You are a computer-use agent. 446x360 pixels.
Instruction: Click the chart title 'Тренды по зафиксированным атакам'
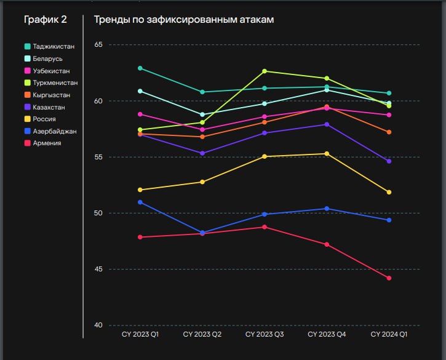pos(183,20)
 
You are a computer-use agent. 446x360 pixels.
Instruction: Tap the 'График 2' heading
pos(46,20)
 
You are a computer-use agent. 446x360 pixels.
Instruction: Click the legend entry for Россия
pos(44,119)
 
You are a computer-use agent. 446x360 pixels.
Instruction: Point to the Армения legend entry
pos(47,143)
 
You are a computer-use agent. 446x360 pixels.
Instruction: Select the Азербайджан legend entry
pos(54,131)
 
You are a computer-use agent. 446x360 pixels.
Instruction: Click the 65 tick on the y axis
pos(98,45)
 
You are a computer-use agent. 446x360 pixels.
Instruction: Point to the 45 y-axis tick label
pos(98,270)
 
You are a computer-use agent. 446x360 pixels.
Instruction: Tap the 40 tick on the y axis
pos(98,326)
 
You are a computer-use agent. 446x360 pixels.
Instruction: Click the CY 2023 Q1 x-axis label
pos(140,334)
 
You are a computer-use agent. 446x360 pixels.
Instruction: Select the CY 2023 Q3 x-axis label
pos(265,334)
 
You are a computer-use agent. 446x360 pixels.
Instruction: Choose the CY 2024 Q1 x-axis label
pos(389,334)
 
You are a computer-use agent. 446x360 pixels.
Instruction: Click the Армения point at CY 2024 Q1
pos(389,278)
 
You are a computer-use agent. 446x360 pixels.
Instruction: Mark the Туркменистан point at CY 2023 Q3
pos(265,71)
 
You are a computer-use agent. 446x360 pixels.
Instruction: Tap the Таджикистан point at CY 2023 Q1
pos(140,68)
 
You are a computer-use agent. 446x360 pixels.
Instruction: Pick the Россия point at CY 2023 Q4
pos(327,154)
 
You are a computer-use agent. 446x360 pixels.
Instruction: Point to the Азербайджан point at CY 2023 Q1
pos(140,202)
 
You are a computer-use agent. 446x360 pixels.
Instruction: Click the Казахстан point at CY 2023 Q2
pos(202,153)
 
